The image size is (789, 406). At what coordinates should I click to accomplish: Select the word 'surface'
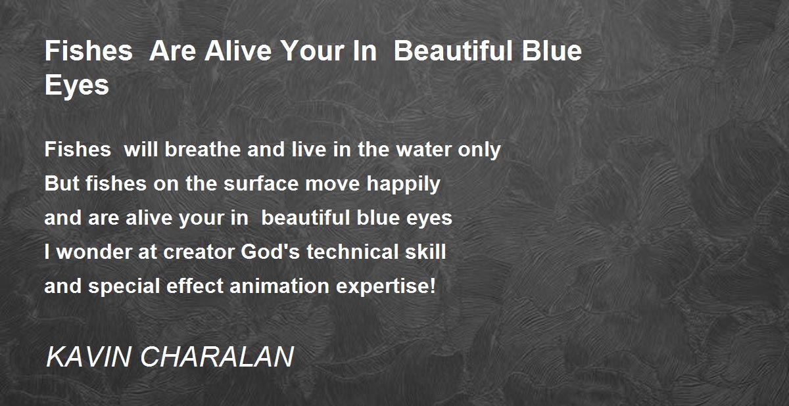[261, 184]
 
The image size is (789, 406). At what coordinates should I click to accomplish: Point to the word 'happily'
[403, 185]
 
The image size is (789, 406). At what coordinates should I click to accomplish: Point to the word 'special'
[124, 286]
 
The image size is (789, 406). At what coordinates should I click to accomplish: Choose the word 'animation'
[279, 286]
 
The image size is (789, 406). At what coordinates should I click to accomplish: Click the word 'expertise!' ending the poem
[386, 286]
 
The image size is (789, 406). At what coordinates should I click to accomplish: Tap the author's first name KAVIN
[88, 357]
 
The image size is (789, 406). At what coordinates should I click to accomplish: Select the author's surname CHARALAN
[217, 357]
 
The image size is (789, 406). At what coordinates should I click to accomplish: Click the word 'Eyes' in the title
[77, 85]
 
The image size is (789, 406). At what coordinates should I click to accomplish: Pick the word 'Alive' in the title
[238, 51]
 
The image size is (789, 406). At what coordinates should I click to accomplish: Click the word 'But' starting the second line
[60, 184]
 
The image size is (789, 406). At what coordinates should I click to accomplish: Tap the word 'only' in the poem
[479, 150]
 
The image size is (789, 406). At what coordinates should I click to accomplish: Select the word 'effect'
[195, 286]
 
